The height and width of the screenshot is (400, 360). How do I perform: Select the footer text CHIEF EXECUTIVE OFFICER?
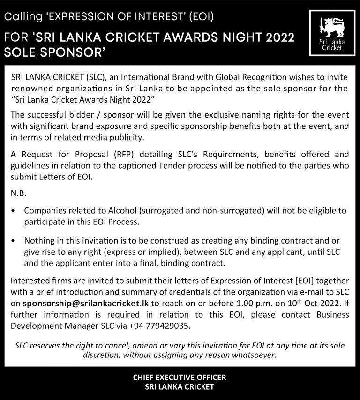[x=180, y=377]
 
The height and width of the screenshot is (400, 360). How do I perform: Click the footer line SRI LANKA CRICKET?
[x=180, y=387]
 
